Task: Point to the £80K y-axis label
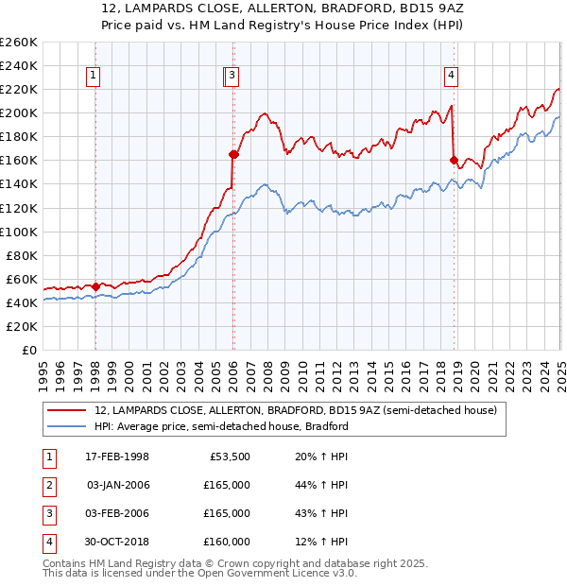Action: pos(21,255)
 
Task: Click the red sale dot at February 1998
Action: pos(96,285)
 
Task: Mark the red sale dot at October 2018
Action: pos(455,160)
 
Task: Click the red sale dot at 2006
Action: pos(233,154)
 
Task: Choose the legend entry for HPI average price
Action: pos(222,426)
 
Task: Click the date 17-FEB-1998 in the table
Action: pos(117,457)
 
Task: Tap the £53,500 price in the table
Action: pos(227,457)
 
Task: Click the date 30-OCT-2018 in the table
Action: pos(117,542)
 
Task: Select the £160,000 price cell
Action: pos(227,542)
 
